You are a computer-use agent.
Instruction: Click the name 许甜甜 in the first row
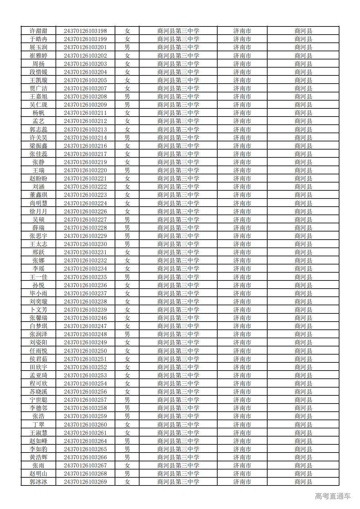39,31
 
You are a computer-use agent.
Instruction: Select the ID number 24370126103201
85,47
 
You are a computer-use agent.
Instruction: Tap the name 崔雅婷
39,56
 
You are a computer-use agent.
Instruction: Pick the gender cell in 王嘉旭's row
127,97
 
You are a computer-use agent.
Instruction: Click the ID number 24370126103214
85,138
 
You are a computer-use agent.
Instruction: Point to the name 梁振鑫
39,146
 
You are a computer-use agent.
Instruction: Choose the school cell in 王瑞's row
178,170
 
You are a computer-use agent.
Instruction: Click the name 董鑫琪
39,195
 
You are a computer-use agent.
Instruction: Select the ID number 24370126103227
85,220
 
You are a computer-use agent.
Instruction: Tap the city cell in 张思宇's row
242,236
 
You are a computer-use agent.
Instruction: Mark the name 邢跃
39,252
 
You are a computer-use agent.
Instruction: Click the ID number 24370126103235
85,277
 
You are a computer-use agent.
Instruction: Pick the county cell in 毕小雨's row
303,294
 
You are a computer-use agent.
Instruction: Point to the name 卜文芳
39,310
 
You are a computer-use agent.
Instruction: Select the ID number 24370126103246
85,318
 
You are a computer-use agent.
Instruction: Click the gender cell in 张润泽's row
127,334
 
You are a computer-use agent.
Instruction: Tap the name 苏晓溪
39,392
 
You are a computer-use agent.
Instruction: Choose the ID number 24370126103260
85,425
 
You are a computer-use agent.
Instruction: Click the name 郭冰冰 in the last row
39,482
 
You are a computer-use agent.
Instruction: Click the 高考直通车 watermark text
333,496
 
